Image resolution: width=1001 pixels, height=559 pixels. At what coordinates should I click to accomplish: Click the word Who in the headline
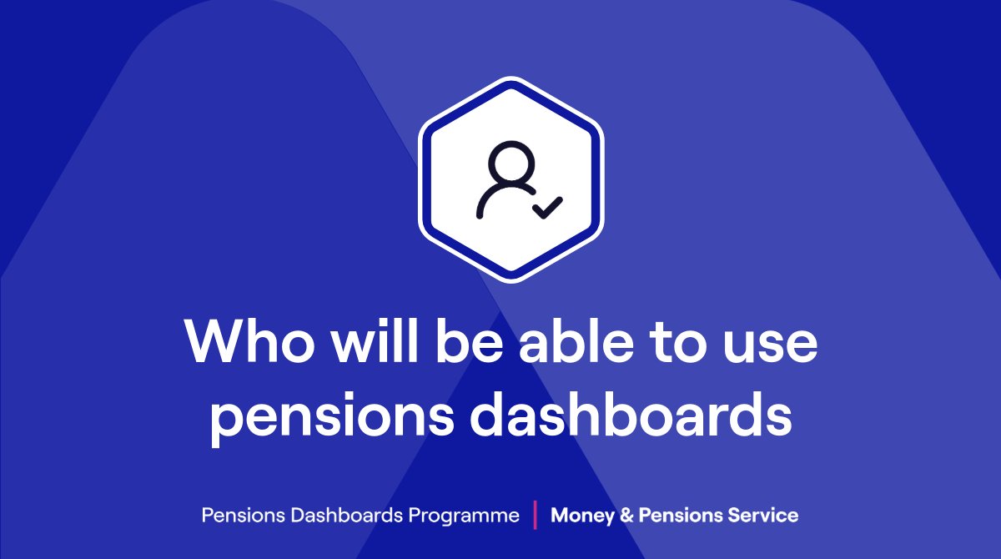pos(241,343)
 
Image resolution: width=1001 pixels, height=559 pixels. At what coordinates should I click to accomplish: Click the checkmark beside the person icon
pos(548,206)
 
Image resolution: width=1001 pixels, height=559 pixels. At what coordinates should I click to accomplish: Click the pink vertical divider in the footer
pos(534,514)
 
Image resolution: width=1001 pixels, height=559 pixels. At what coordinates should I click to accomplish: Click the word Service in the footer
pos(762,515)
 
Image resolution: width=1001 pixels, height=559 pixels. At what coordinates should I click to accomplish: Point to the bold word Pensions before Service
pos(681,515)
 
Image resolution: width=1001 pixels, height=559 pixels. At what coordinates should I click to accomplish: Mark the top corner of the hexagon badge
pos(511,79)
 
